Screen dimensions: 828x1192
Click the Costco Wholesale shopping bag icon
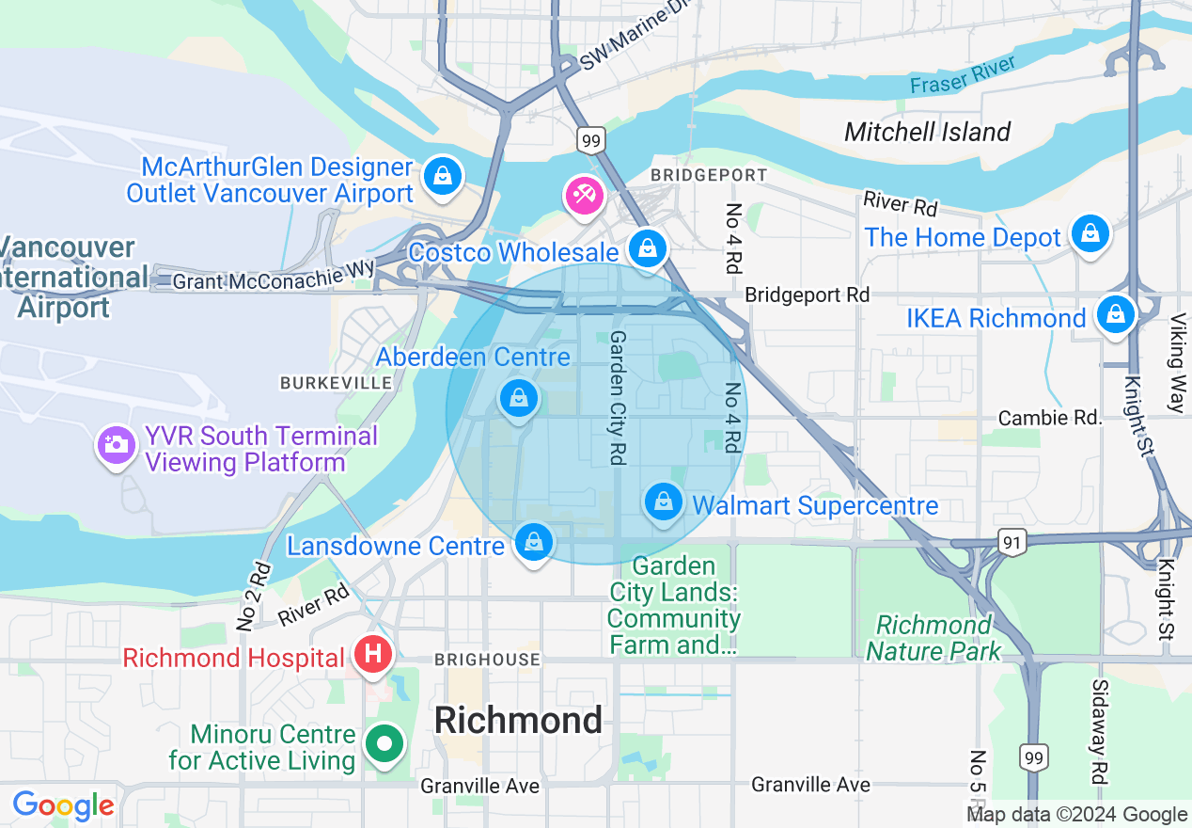(x=647, y=248)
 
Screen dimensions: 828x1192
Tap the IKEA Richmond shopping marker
(x=1115, y=314)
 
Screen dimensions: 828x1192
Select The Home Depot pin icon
(x=1090, y=232)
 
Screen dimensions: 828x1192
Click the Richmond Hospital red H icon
(x=372, y=653)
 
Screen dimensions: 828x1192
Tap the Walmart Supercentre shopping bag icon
(x=664, y=502)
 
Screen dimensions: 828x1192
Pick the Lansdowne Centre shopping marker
(x=533, y=543)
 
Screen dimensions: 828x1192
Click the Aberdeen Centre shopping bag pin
(x=518, y=398)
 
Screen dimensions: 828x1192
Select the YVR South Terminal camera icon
(x=117, y=444)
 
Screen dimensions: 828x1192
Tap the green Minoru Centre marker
(x=384, y=744)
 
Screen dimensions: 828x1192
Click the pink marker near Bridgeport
(x=584, y=196)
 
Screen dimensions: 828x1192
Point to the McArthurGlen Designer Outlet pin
(x=441, y=176)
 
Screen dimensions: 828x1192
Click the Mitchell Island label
(x=927, y=132)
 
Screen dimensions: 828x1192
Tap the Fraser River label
(x=963, y=74)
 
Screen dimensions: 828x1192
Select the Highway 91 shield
(x=1011, y=541)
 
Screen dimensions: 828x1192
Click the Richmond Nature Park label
(x=933, y=638)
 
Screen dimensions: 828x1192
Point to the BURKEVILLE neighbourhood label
(x=336, y=383)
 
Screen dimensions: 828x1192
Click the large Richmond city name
(x=518, y=720)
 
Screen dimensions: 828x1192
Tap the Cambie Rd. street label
(x=1048, y=418)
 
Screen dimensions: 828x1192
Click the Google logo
(x=63, y=805)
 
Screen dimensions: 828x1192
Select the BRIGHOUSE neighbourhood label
(x=487, y=661)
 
